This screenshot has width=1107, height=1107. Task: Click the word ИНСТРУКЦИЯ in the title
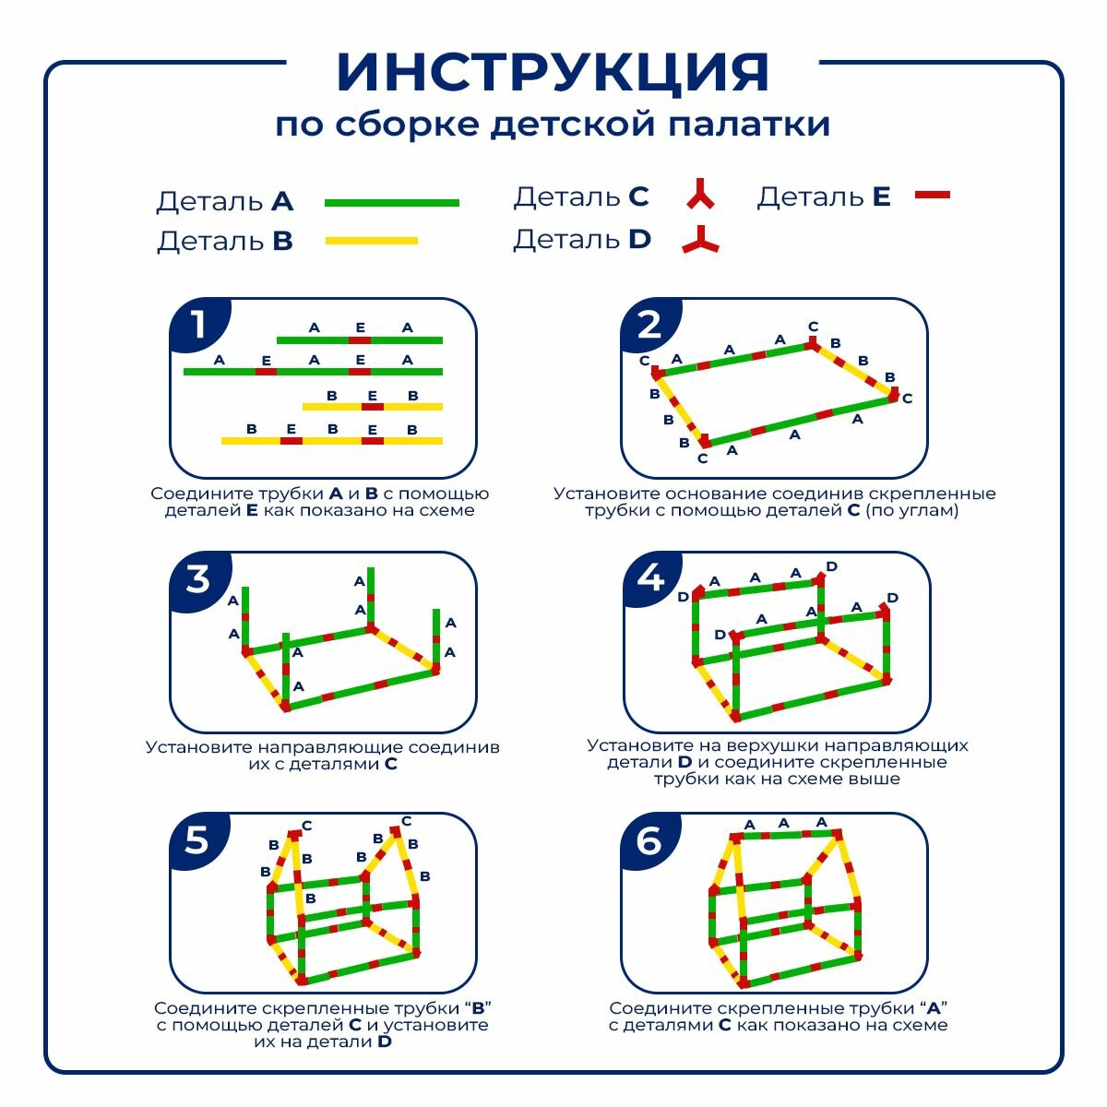click(553, 72)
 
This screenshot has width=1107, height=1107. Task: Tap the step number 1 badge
click(196, 325)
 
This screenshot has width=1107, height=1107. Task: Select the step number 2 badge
click(649, 325)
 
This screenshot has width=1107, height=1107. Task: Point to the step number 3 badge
click(197, 579)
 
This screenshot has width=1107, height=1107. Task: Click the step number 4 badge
click(651, 578)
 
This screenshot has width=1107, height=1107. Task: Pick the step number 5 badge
click(196, 839)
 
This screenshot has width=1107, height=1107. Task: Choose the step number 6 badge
click(649, 839)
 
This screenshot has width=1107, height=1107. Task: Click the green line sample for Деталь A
click(391, 202)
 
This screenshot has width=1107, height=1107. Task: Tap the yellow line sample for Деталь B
click(371, 241)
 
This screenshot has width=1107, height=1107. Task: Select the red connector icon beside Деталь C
click(700, 195)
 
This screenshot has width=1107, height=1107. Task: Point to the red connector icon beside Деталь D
click(700, 241)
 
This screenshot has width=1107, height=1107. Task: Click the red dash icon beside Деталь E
click(932, 195)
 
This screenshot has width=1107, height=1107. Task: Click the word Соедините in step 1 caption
click(194, 494)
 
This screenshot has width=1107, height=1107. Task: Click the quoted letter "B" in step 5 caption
click(478, 1008)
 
